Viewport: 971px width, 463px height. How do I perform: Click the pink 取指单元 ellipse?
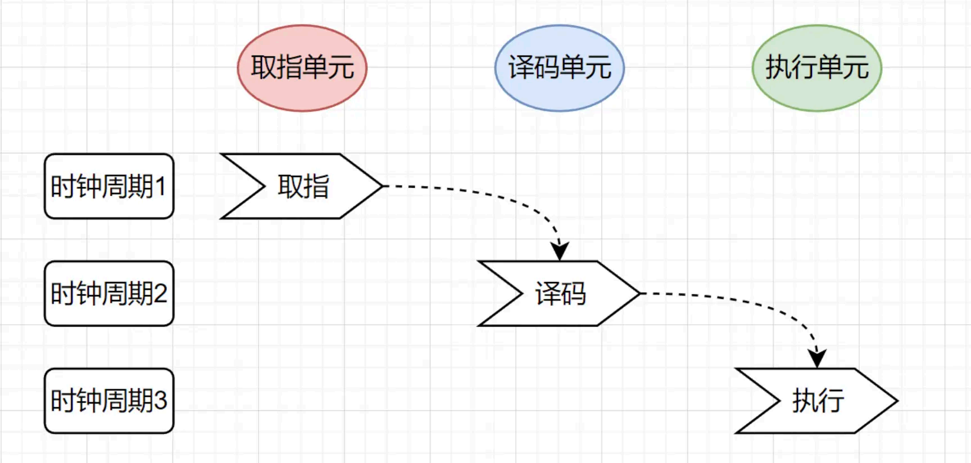pos(302,68)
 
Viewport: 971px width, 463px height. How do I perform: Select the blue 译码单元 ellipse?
pos(560,68)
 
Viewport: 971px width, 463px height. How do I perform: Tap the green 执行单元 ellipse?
pos(817,68)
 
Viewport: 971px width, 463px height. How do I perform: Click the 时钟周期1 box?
pos(109,186)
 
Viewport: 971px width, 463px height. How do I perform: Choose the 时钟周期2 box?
pos(109,293)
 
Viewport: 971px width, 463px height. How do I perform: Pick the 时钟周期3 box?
pos(109,401)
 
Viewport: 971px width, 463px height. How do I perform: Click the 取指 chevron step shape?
pos(303,186)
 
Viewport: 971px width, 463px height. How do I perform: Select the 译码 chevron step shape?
pos(561,293)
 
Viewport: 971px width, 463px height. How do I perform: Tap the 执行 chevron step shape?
pos(818,401)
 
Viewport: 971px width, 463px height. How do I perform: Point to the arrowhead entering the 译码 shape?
pos(560,251)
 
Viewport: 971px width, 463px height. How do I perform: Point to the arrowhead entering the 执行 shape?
pos(817,358)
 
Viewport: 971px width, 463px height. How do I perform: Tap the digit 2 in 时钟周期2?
pos(160,293)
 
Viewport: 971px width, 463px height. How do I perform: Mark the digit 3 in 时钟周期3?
pos(160,401)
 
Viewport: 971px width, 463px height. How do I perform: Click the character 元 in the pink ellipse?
pos(341,68)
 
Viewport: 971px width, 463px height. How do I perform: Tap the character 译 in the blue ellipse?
pos(521,68)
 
